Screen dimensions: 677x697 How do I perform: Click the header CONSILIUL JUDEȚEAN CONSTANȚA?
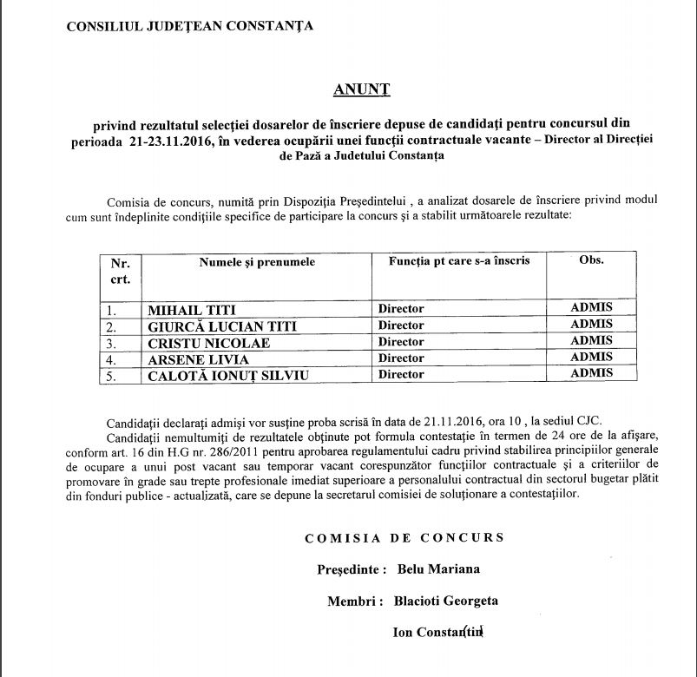pos(191,26)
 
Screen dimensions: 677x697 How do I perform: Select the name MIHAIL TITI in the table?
pos(192,309)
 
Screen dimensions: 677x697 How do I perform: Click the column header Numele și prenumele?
pos(257,261)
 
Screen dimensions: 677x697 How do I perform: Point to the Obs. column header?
pos(591,260)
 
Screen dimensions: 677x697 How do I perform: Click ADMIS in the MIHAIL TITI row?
pos(591,307)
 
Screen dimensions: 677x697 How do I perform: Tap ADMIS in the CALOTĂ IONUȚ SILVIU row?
pos(591,373)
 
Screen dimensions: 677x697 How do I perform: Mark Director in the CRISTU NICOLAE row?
pos(401,342)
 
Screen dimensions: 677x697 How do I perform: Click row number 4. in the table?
pos(111,359)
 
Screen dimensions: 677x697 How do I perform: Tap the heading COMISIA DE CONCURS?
pos(404,538)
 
